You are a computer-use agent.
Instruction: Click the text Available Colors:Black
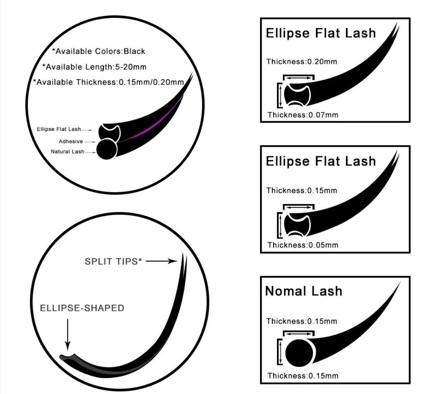coord(99,51)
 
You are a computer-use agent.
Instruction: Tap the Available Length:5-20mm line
coord(94,67)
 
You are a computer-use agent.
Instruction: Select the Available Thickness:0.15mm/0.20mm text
coord(109,82)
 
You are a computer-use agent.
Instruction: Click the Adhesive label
coord(71,141)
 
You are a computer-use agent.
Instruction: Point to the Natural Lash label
coord(68,152)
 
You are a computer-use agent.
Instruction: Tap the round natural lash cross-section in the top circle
coord(106,149)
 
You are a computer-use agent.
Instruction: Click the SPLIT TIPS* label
coord(113,261)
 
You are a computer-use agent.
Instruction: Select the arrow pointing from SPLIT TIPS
coord(162,261)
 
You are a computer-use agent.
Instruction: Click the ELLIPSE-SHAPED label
coord(82,308)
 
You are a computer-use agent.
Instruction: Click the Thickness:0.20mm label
coord(302,62)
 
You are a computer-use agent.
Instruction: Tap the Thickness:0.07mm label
coord(303,115)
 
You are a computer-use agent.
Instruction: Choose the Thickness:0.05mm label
coord(303,245)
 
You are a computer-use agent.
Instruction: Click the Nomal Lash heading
coord(304,291)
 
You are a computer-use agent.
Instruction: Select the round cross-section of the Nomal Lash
coord(299,353)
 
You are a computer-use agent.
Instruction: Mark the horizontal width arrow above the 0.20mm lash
coord(299,78)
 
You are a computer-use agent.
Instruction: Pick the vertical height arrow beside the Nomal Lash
coord(281,352)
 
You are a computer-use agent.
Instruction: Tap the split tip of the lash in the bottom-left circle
coord(184,260)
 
